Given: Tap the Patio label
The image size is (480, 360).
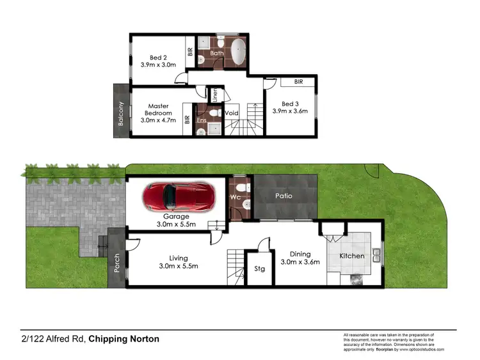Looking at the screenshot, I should (284, 196).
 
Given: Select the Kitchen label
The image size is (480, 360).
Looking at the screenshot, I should (351, 256).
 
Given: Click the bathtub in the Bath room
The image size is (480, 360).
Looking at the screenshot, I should (239, 52).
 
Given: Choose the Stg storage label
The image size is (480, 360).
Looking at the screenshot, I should (260, 269).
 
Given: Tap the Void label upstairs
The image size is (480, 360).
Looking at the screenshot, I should (232, 113).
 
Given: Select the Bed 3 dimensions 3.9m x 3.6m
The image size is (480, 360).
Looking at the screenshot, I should (290, 111).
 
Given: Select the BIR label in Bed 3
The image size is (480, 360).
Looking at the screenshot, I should (299, 82).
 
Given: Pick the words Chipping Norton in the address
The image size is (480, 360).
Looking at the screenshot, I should (124, 339).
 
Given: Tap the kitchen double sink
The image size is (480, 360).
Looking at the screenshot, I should (376, 256).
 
